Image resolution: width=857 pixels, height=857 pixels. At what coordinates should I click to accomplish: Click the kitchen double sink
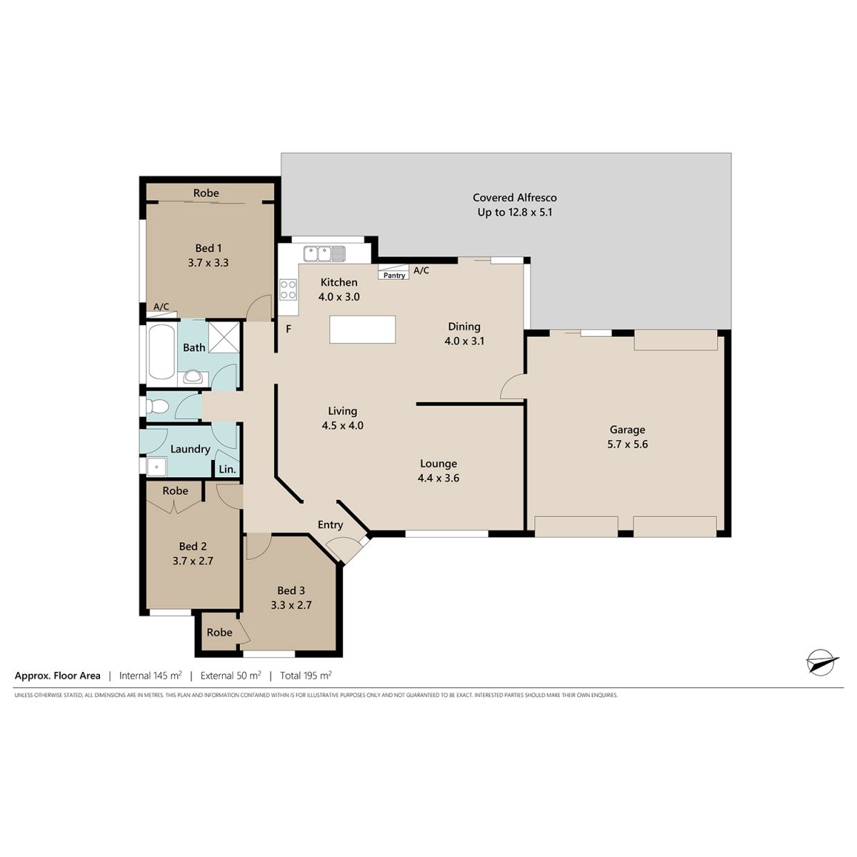click(324, 254)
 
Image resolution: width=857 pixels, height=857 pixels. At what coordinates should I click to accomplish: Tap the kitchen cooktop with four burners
click(289, 289)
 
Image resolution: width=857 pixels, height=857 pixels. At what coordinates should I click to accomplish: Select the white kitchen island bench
click(363, 329)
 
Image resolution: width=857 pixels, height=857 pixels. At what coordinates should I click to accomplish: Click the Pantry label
click(394, 275)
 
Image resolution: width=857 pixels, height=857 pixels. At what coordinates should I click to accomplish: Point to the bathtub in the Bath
click(161, 352)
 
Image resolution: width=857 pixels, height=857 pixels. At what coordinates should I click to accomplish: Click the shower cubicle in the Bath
click(224, 336)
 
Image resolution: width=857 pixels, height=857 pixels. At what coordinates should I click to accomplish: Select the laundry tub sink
click(156, 467)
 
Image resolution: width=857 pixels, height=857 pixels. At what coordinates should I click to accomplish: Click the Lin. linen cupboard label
click(227, 469)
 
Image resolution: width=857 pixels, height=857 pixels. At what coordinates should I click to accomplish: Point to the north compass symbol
click(821, 675)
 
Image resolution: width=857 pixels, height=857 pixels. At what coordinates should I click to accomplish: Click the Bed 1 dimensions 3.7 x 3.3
click(208, 263)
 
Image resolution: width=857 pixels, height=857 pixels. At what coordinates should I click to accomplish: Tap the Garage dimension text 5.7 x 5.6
click(628, 443)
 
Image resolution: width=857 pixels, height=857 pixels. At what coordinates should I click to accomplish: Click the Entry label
click(331, 525)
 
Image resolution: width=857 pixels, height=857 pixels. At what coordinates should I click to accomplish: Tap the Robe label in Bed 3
click(219, 632)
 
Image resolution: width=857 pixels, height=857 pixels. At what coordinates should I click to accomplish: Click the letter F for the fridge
click(289, 329)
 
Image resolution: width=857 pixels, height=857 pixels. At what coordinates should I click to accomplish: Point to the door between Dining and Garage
click(512, 387)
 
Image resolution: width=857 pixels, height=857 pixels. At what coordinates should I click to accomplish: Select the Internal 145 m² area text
click(150, 676)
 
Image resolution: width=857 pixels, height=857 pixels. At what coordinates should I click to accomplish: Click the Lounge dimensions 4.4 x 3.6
click(438, 478)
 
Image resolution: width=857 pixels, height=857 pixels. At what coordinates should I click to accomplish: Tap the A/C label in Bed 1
click(161, 306)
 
